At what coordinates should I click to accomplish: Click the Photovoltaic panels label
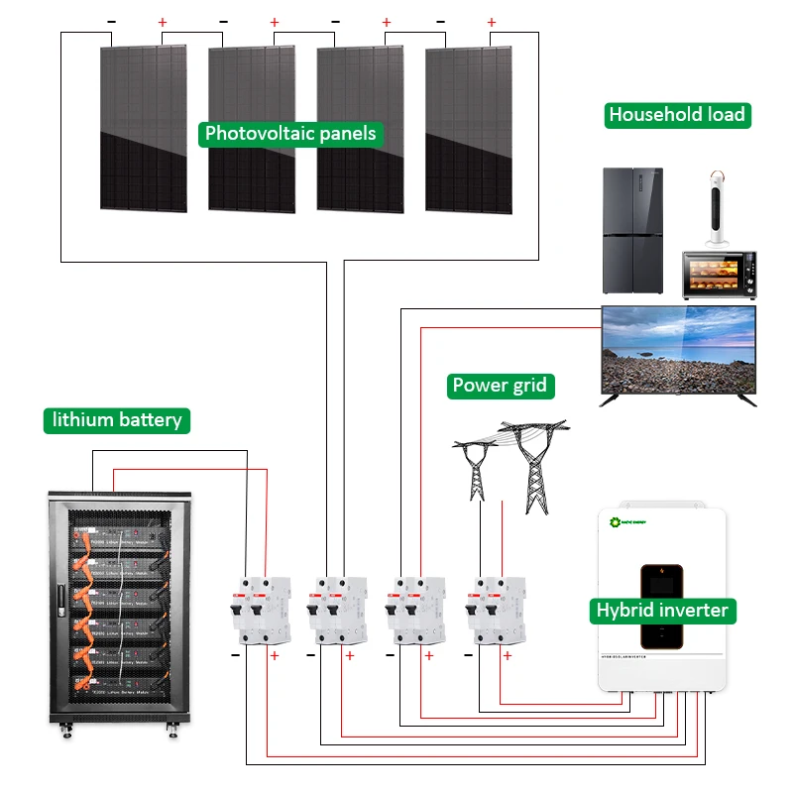(x=290, y=134)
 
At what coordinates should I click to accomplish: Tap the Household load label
(x=677, y=115)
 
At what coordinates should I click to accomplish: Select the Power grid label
(x=499, y=386)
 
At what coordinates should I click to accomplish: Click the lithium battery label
(x=117, y=420)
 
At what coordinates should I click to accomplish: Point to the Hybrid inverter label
(x=662, y=610)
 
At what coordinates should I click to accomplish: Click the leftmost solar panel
(x=143, y=129)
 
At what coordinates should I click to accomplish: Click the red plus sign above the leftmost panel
(x=163, y=22)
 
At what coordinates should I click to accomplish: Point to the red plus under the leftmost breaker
(x=275, y=656)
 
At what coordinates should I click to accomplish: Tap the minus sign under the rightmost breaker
(x=471, y=656)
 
